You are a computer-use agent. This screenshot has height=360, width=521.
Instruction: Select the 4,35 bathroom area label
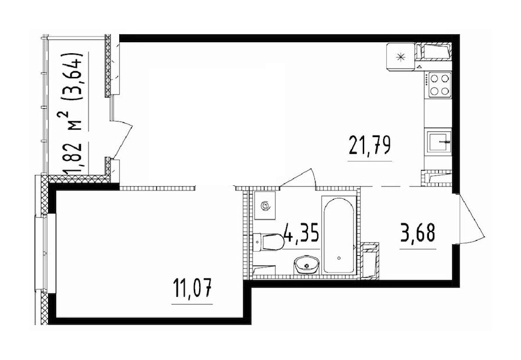point(300,237)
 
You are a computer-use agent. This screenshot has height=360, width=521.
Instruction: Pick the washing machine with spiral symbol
point(266,206)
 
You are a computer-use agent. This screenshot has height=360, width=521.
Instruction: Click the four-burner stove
point(438,85)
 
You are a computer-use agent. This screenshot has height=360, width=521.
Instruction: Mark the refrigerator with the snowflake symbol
point(400,56)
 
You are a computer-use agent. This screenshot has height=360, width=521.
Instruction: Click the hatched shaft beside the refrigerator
point(435,53)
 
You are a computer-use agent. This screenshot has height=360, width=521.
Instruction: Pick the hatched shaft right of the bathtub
point(369,260)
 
